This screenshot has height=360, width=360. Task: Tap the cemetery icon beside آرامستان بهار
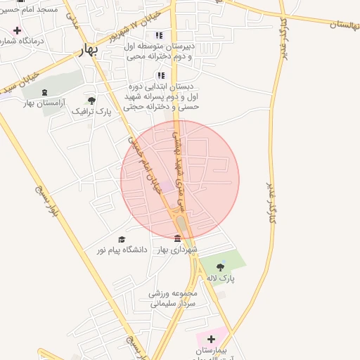pyautogui.click(x=45, y=92)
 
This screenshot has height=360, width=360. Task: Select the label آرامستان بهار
pyautogui.click(x=44, y=103)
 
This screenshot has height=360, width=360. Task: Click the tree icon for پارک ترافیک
pyautogui.click(x=91, y=100)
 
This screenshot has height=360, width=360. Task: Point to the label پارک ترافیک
pyautogui.click(x=92, y=111)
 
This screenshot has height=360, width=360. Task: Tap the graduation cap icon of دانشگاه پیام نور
pyautogui.click(x=122, y=239)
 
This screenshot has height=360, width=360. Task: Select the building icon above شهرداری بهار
pyautogui.click(x=176, y=238)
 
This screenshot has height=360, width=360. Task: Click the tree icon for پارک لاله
pyautogui.click(x=221, y=266)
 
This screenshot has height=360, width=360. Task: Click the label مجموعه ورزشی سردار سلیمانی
pyautogui.click(x=173, y=298)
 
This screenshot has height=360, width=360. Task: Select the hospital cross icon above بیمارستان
pyautogui.click(x=210, y=339)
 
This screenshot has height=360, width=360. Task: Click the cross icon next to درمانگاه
pyautogui.click(x=17, y=31)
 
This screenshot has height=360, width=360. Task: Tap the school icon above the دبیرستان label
pyautogui.click(x=160, y=35)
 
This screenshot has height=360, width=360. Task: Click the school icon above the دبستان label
pyautogui.click(x=161, y=75)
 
